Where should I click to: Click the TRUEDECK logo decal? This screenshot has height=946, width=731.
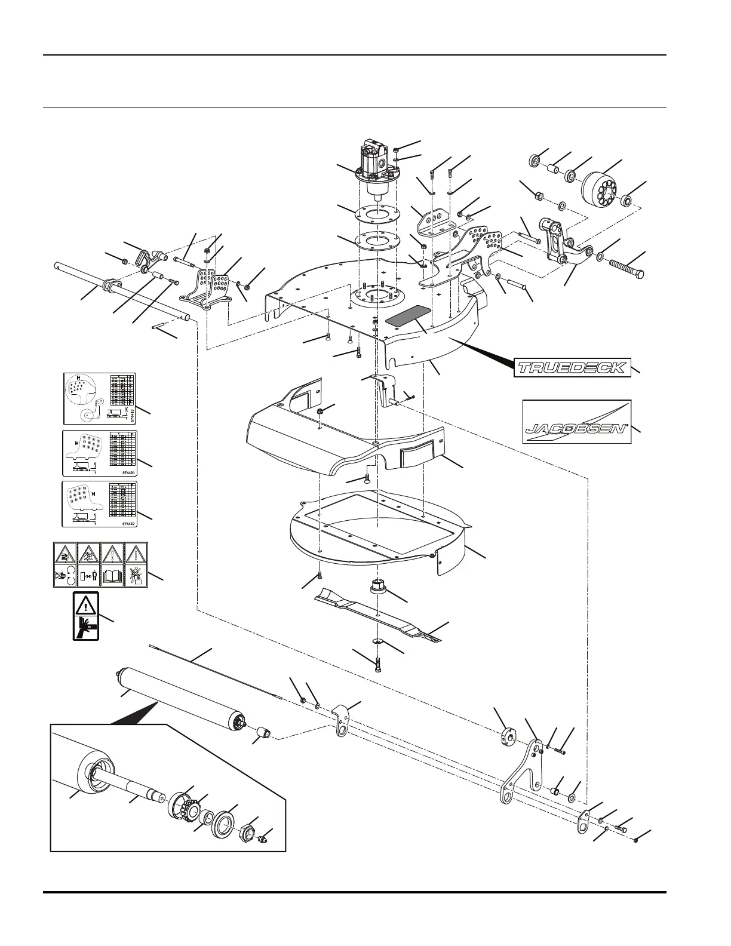pos(572,367)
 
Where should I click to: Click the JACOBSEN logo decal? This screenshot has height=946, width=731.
pos(576,422)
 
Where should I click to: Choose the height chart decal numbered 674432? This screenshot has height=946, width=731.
pos(100,503)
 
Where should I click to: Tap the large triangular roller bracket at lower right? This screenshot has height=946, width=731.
pos(521,773)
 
